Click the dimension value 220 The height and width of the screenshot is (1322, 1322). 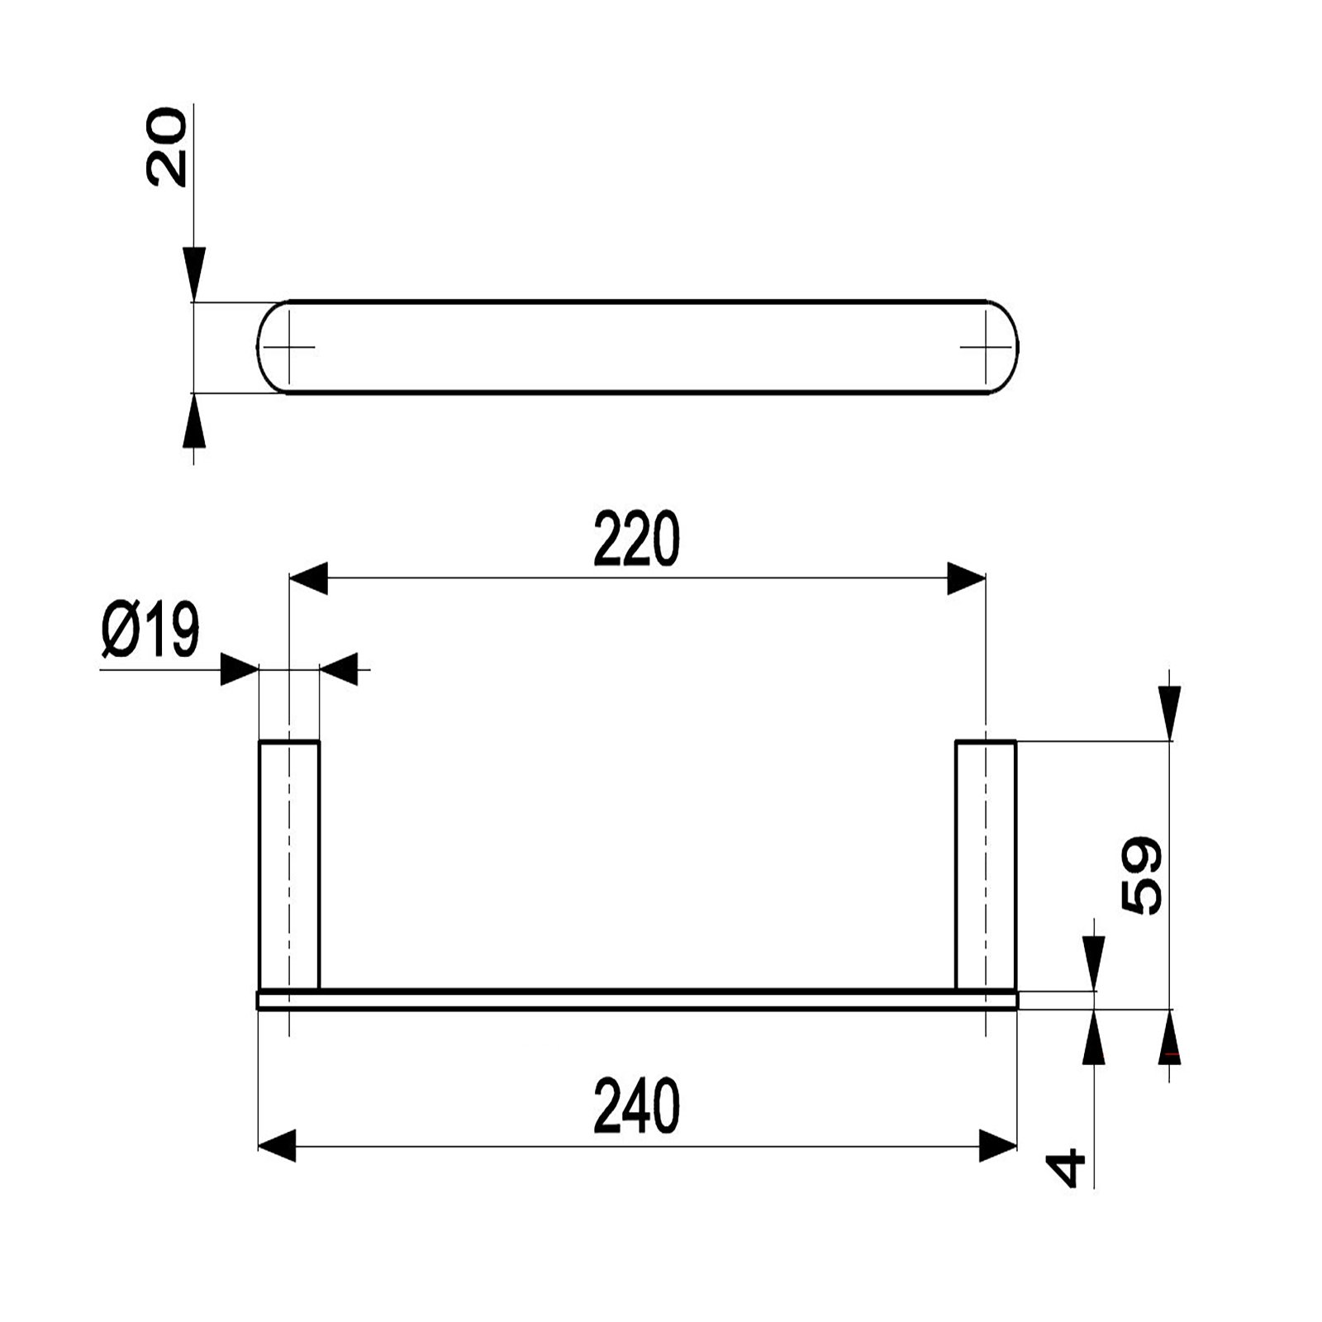click(636, 539)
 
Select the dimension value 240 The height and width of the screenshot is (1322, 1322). click(636, 1106)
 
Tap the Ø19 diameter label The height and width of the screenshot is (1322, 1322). click(151, 630)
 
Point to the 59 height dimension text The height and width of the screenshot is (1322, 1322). click(1143, 875)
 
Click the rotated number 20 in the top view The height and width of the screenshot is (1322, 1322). click(166, 145)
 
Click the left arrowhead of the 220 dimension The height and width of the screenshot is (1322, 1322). click(307, 578)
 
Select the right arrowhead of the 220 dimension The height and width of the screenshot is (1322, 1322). click(967, 578)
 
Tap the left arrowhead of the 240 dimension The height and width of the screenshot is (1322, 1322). click(278, 1147)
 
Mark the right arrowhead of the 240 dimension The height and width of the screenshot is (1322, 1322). click(998, 1147)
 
